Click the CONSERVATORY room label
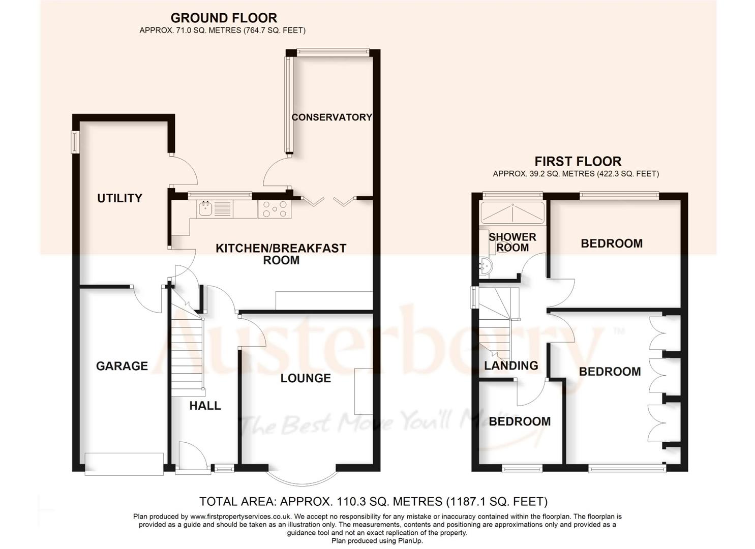coord(331,117)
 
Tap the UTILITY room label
coord(119,198)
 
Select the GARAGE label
coord(122,366)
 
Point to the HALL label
coord(205,406)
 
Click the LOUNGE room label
coord(306,378)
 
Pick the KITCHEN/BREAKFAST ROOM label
coord(281,254)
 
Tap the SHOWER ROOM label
coord(512,242)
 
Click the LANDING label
coord(511,365)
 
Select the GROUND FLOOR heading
coord(224,18)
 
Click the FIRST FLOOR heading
coord(578,162)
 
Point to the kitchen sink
coord(206,208)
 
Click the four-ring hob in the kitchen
coord(275,209)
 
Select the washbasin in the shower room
coord(486,265)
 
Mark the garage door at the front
coord(124,464)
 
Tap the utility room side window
coord(75,142)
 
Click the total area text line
coord(373,502)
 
